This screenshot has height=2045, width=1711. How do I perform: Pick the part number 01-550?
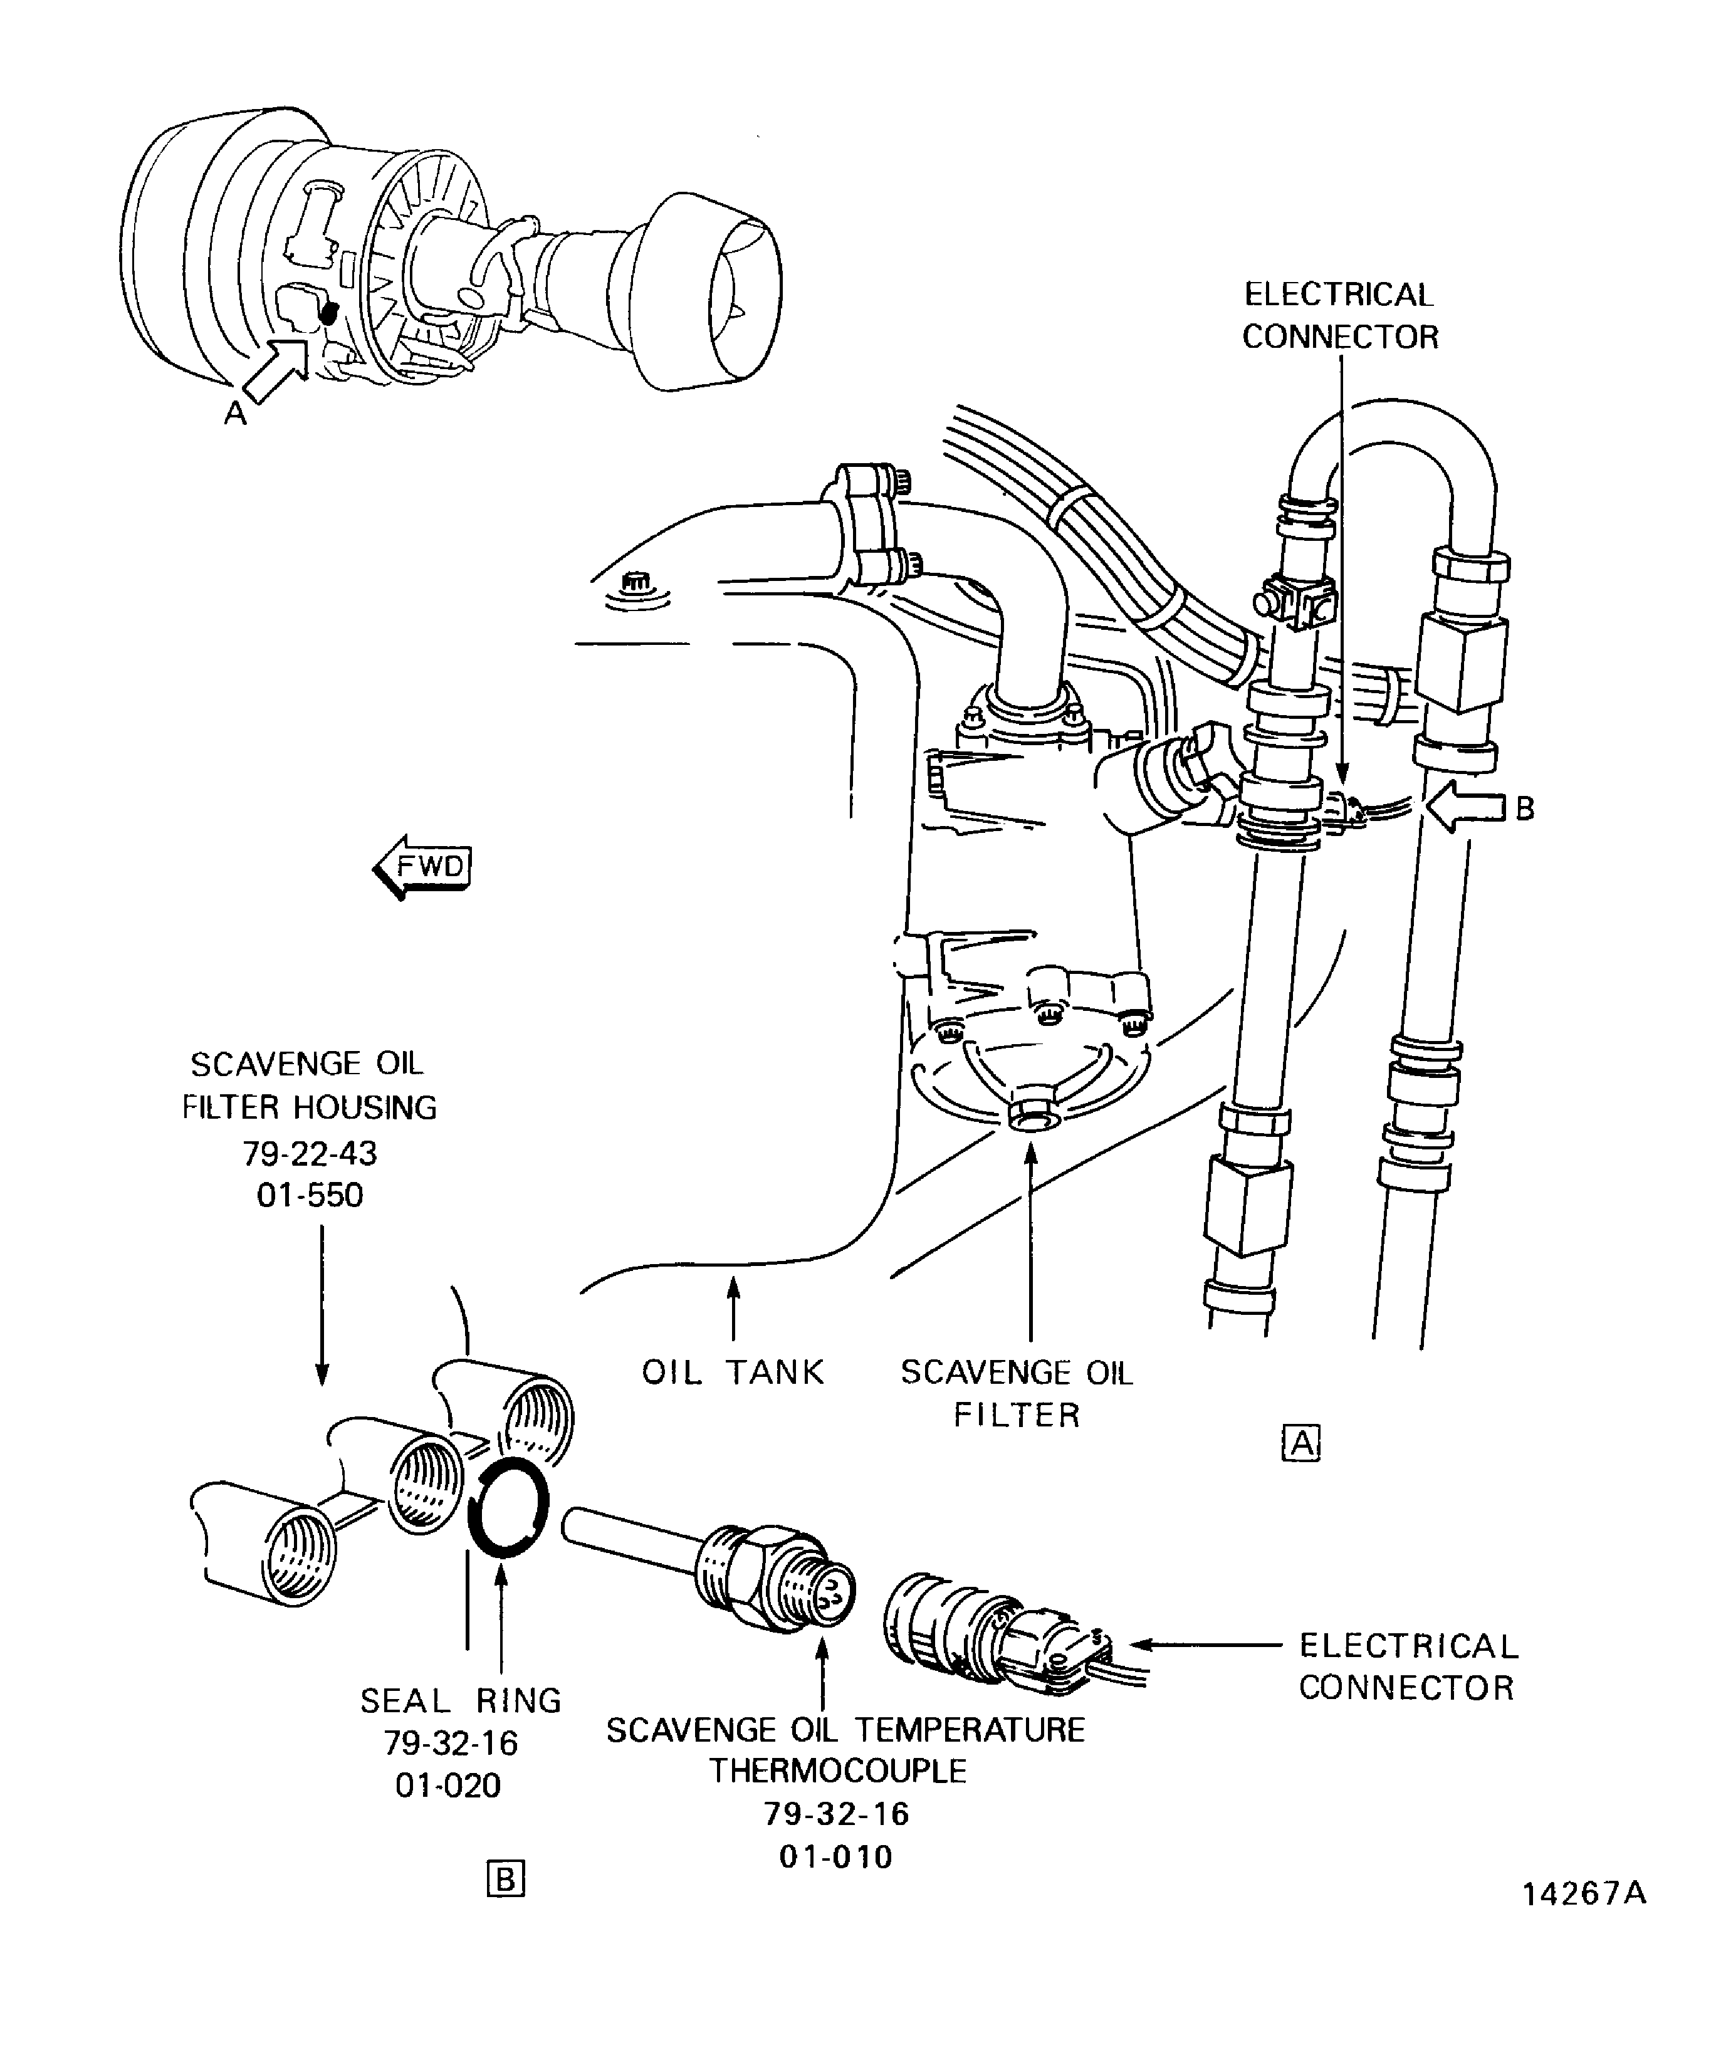pyautogui.click(x=310, y=1195)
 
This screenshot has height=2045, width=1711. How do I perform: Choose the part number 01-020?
pyautogui.click(x=448, y=1785)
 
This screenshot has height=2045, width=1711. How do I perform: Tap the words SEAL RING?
pyautogui.click(x=461, y=1700)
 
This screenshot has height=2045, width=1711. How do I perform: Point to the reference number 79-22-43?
pyautogui.click(x=310, y=1153)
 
